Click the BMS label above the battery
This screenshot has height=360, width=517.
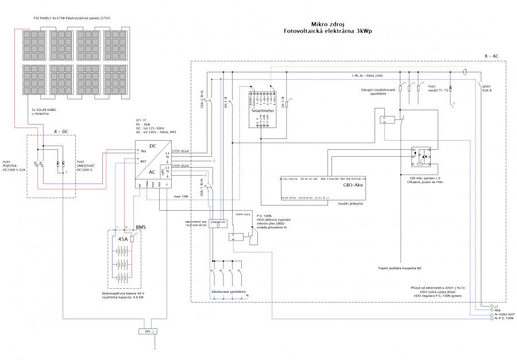click(x=141, y=227)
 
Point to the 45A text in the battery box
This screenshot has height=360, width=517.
click(x=122, y=239)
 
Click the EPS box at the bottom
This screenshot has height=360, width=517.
click(x=148, y=332)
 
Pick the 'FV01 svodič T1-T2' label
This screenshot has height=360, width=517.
click(x=439, y=90)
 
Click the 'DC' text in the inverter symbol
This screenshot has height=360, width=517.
click(x=153, y=146)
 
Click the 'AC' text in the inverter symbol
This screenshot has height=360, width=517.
click(x=153, y=172)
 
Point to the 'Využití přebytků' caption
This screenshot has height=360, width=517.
click(x=350, y=204)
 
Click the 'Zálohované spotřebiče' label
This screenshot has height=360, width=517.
click(x=228, y=292)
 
